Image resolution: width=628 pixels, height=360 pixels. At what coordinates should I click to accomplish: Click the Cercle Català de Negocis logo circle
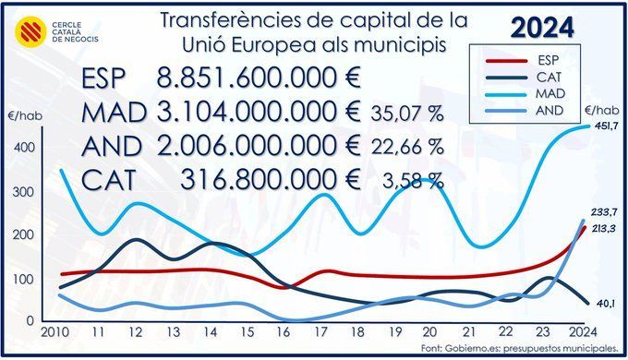30,32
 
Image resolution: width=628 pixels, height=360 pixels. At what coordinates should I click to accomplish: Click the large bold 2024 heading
543,28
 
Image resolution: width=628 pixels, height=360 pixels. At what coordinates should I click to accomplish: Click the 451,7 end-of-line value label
607,126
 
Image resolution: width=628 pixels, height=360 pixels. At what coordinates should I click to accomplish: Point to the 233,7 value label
604,212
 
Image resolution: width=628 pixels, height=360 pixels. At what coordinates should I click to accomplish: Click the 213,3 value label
604,229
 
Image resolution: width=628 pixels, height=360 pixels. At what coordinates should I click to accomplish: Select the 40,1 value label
606,304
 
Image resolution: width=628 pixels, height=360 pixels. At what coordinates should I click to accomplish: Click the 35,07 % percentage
407,114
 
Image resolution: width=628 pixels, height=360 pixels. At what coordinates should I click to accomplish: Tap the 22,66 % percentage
407,147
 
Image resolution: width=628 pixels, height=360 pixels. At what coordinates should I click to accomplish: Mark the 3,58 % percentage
414,181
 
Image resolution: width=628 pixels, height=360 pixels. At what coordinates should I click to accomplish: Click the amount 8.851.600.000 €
259,78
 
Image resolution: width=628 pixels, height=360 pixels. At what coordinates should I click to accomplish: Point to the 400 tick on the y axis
24,148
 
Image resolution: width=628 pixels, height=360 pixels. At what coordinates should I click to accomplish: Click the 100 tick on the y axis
24,279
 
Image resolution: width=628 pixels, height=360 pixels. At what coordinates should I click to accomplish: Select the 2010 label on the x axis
54,332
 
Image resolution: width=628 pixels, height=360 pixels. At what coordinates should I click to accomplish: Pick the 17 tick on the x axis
320,332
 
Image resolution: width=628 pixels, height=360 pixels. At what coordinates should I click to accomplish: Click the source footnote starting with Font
519,348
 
